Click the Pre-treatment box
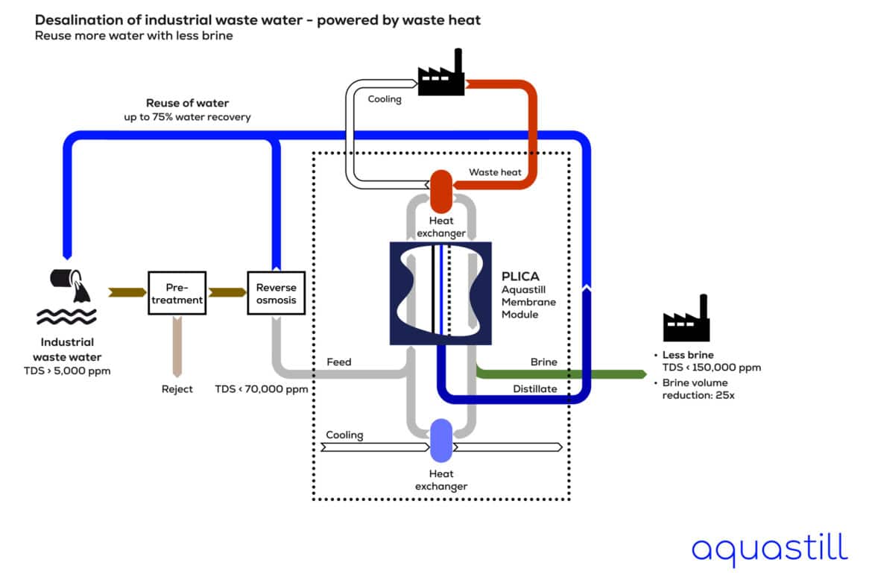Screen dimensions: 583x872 click(x=176, y=293)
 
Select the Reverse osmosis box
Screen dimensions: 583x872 click(x=276, y=293)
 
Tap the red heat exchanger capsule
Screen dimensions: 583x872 click(x=442, y=191)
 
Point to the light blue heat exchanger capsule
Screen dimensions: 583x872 click(x=442, y=440)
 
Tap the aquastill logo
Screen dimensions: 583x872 click(x=768, y=549)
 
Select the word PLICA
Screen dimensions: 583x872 click(x=519, y=275)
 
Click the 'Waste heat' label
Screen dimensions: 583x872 click(x=494, y=172)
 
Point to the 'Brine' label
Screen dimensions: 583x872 click(x=543, y=362)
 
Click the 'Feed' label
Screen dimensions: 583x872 click(x=339, y=362)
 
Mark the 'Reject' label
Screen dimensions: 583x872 click(x=177, y=388)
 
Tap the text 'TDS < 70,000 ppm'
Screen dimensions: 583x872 click(x=262, y=388)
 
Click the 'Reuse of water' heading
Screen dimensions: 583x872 click(x=187, y=103)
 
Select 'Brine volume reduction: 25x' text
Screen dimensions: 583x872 click(x=701, y=388)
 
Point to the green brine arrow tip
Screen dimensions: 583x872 click(x=642, y=374)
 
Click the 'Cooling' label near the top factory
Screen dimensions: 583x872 click(x=385, y=98)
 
